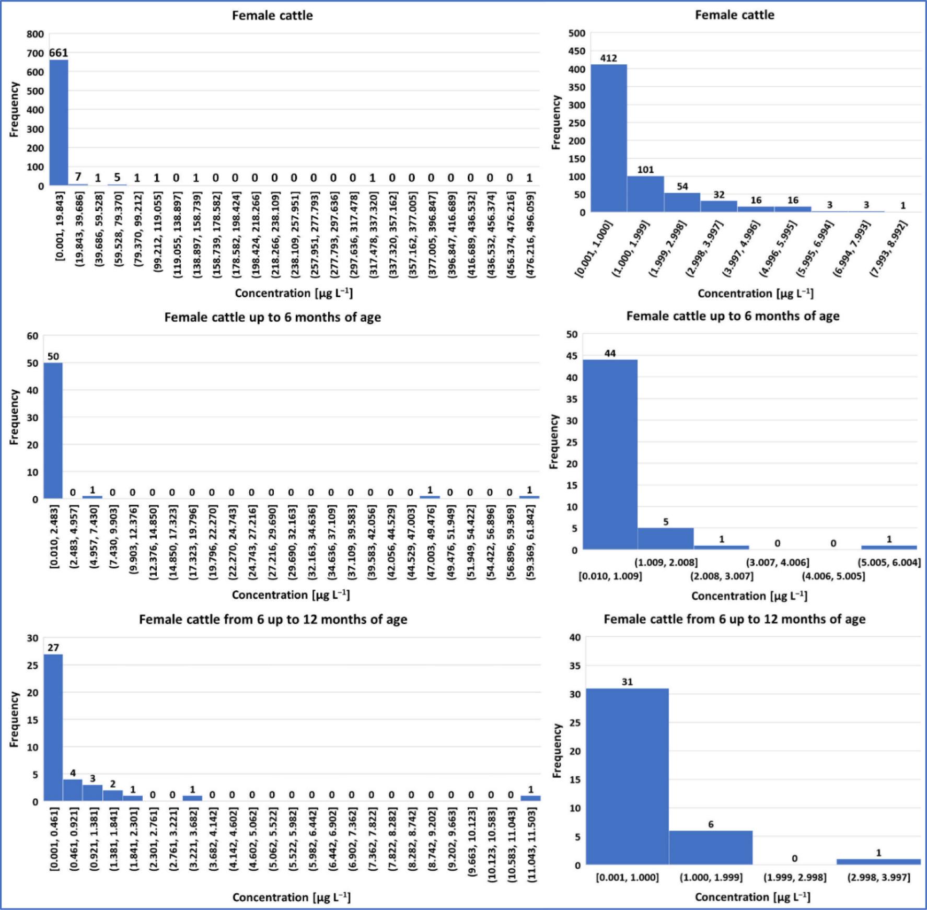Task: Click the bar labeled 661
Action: click(59, 123)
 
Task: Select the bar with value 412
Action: click(609, 138)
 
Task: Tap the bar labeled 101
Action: click(645, 194)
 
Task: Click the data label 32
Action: click(719, 195)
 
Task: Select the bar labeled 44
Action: click(610, 454)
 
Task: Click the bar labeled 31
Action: click(627, 777)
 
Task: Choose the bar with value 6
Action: click(711, 848)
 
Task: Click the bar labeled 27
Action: click(53, 728)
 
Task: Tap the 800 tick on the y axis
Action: click(36, 34)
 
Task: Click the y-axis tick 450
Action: click(577, 51)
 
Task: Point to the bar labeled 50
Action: click(53, 431)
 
